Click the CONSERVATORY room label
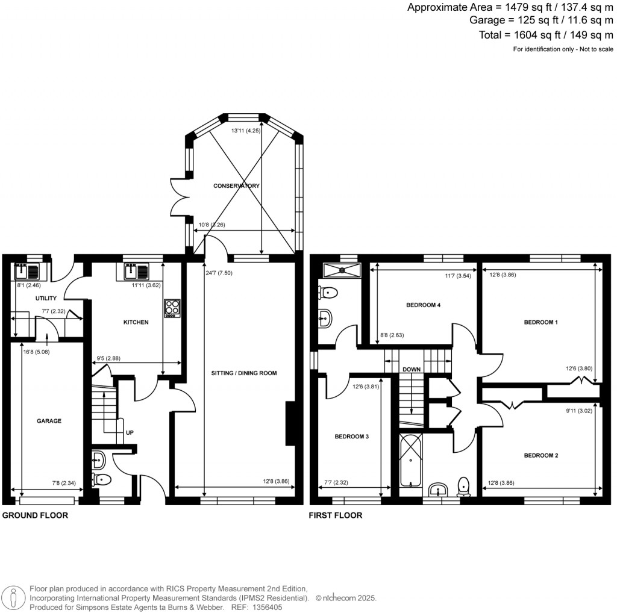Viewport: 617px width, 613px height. (x=237, y=186)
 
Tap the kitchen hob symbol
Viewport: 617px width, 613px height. (x=171, y=308)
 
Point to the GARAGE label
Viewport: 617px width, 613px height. (x=49, y=421)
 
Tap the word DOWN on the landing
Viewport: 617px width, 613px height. (x=412, y=369)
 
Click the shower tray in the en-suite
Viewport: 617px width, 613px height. (x=340, y=270)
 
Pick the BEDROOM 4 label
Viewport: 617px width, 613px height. (x=424, y=305)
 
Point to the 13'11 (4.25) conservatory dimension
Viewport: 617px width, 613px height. (x=246, y=130)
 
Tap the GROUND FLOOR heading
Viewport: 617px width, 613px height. (x=36, y=515)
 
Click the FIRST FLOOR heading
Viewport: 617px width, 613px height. (x=335, y=515)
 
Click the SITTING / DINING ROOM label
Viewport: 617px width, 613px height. (x=243, y=373)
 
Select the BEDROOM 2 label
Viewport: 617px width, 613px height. (x=540, y=456)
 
